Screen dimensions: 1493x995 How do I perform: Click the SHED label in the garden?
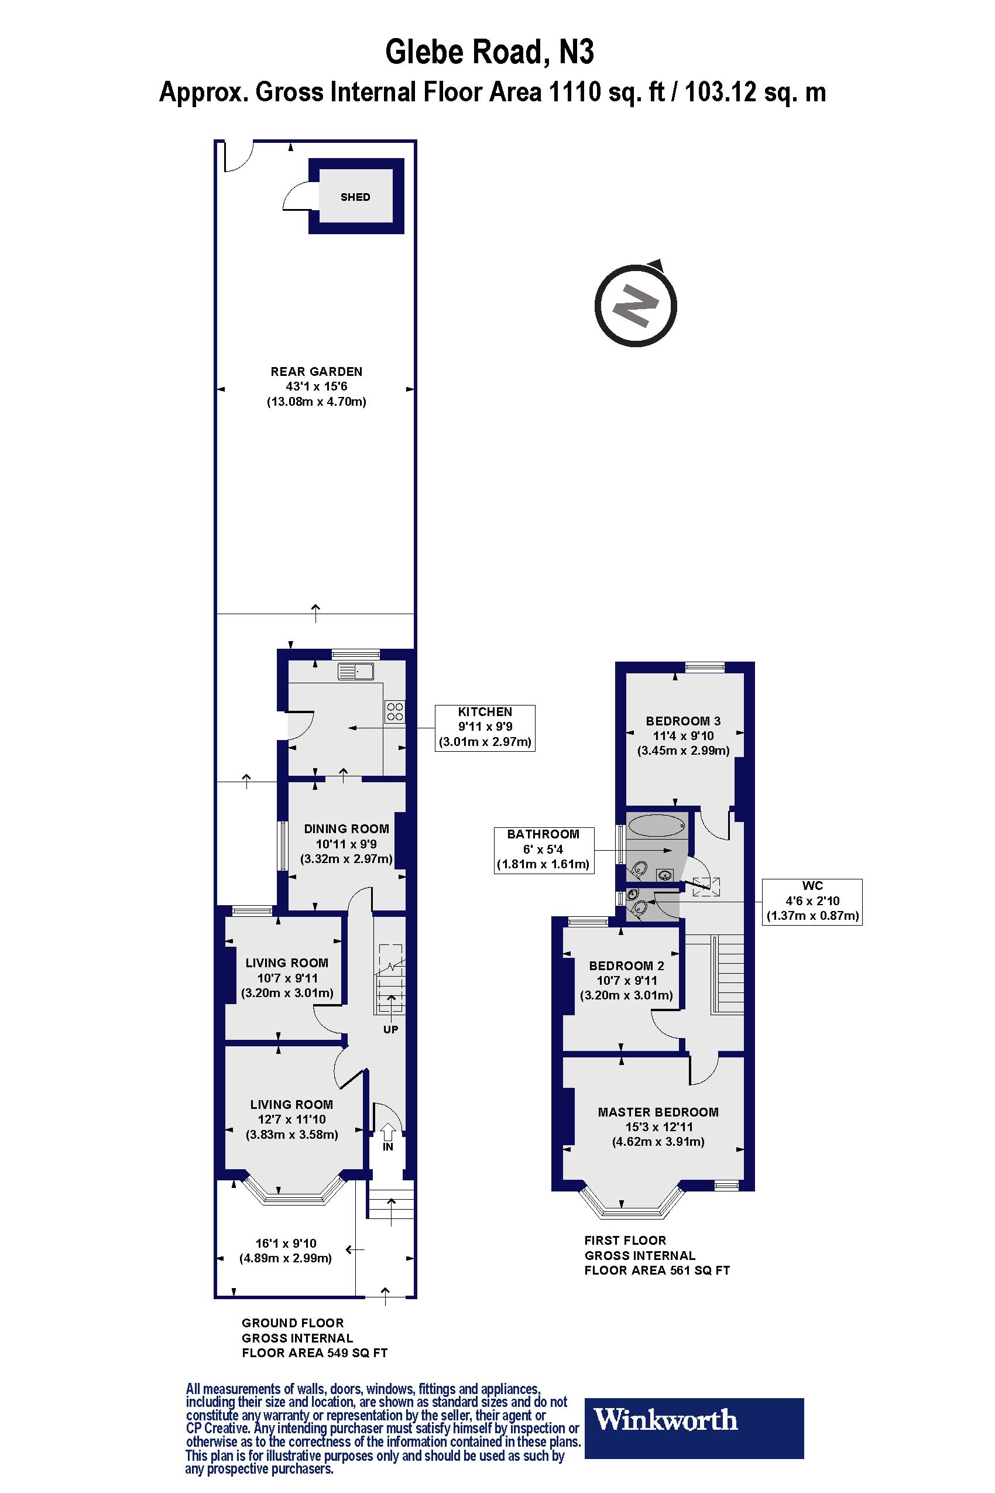(x=355, y=197)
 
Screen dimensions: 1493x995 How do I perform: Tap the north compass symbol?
(x=635, y=306)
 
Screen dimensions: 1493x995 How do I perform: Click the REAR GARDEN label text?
(x=316, y=371)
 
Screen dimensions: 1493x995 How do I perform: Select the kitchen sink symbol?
(x=356, y=671)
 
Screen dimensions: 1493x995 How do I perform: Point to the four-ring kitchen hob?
(x=394, y=711)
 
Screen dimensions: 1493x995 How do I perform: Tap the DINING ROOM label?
(x=346, y=828)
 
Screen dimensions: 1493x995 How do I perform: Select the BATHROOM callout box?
(x=543, y=850)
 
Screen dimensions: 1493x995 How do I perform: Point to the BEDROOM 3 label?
(x=683, y=721)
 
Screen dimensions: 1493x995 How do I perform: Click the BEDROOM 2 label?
(x=626, y=965)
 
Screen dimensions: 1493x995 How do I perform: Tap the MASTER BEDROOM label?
(x=658, y=1112)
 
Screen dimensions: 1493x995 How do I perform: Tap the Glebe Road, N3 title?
(x=489, y=52)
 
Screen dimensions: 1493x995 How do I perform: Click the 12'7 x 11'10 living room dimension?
(x=291, y=1119)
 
